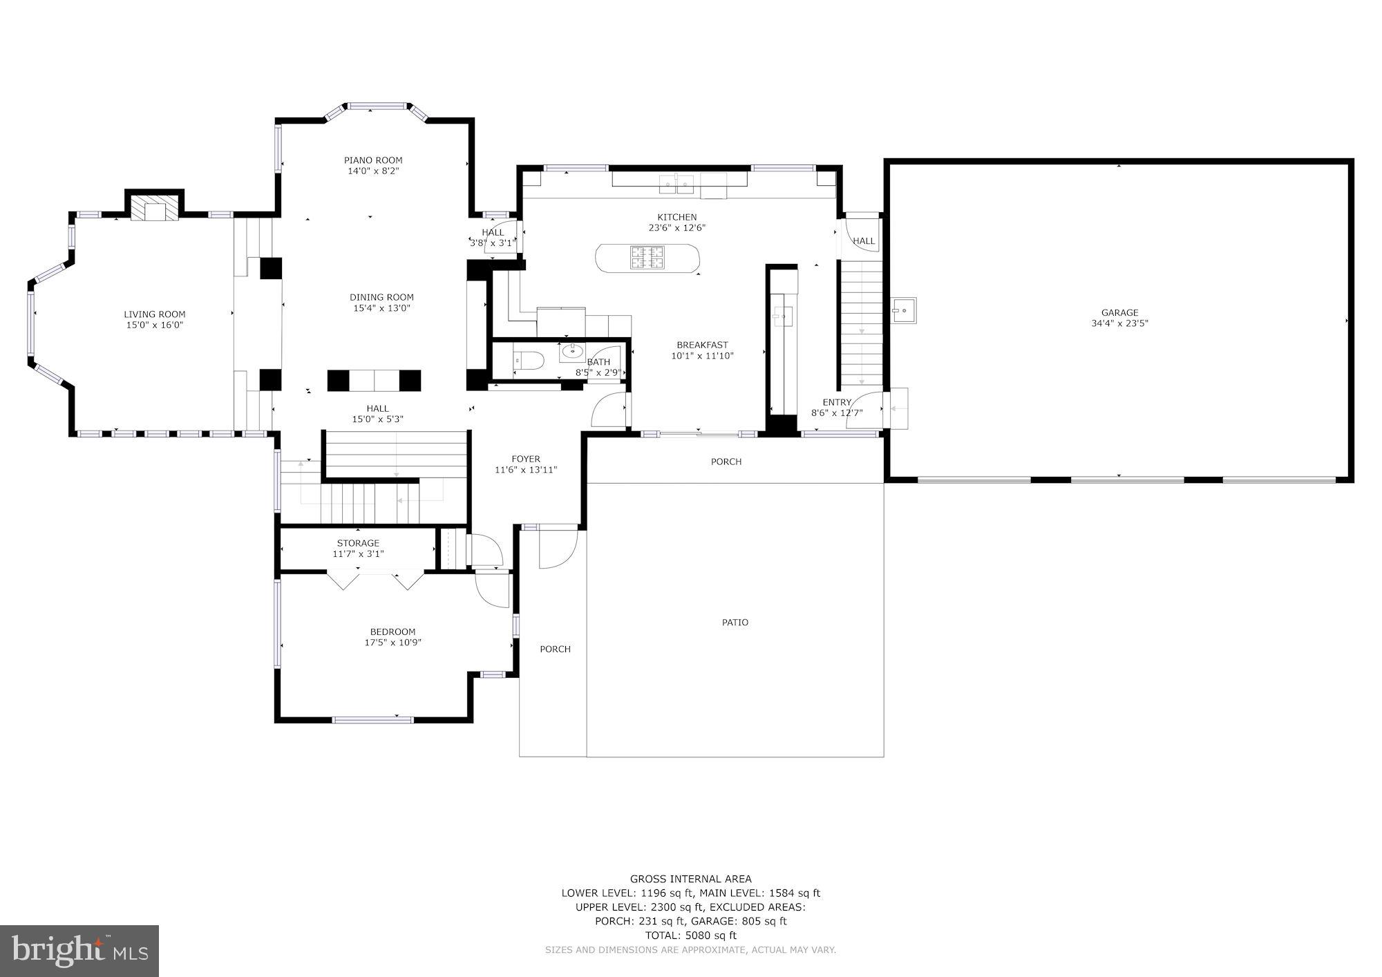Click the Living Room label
pos(154,314)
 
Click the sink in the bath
pos(571,352)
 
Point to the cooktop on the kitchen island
pos(647,258)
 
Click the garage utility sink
pos(903,310)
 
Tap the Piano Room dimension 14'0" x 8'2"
pos(373,171)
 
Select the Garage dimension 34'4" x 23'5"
pos(1119,323)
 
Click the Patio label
pos(735,623)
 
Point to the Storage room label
pos(358,543)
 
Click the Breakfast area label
pos(702,345)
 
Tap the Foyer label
pos(525,459)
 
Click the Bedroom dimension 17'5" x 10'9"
pos(392,643)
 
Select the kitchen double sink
pos(676,184)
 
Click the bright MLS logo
pos(79,951)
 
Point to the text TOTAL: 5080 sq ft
pos(690,936)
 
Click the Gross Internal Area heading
pos(690,879)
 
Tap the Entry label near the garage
pos(837,402)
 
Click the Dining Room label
pos(381,297)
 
